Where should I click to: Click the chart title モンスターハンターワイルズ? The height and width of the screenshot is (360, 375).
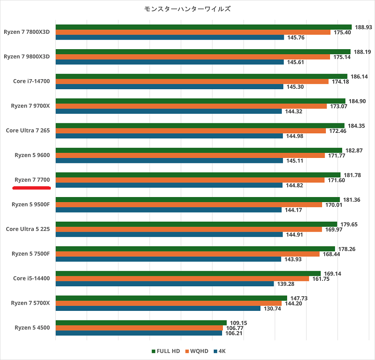pyautogui.click(x=187, y=9)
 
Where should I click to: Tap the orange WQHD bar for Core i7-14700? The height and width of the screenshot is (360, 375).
pyautogui.click(x=192, y=82)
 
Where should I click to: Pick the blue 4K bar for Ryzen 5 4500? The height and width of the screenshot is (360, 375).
pyautogui.click(x=138, y=333)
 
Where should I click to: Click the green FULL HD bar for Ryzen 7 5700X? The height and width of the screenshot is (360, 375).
pyautogui.click(x=171, y=298)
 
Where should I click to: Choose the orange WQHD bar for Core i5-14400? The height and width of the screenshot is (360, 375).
pyautogui.click(x=182, y=279)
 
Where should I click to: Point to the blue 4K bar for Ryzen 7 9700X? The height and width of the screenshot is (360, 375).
pyautogui.click(x=169, y=111)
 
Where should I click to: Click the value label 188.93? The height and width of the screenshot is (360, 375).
pyautogui.click(x=363, y=27)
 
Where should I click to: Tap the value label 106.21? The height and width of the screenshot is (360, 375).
pyautogui.click(x=234, y=333)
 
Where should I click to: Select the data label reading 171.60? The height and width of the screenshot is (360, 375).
pyautogui.click(x=336, y=180)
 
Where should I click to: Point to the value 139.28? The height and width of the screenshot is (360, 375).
pyautogui.click(x=285, y=284)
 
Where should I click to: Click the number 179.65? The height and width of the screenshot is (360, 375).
pyautogui.click(x=349, y=224)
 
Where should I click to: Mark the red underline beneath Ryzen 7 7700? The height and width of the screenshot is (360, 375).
pyautogui.click(x=32, y=188)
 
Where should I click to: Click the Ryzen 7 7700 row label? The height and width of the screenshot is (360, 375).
pyautogui.click(x=32, y=180)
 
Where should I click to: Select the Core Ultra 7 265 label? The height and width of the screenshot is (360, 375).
pyautogui.click(x=27, y=130)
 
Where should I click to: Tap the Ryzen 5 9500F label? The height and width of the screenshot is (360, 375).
pyautogui.click(x=30, y=205)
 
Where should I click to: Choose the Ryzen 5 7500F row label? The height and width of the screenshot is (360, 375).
pyautogui.click(x=30, y=254)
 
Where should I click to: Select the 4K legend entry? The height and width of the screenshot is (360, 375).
pyautogui.click(x=220, y=351)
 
